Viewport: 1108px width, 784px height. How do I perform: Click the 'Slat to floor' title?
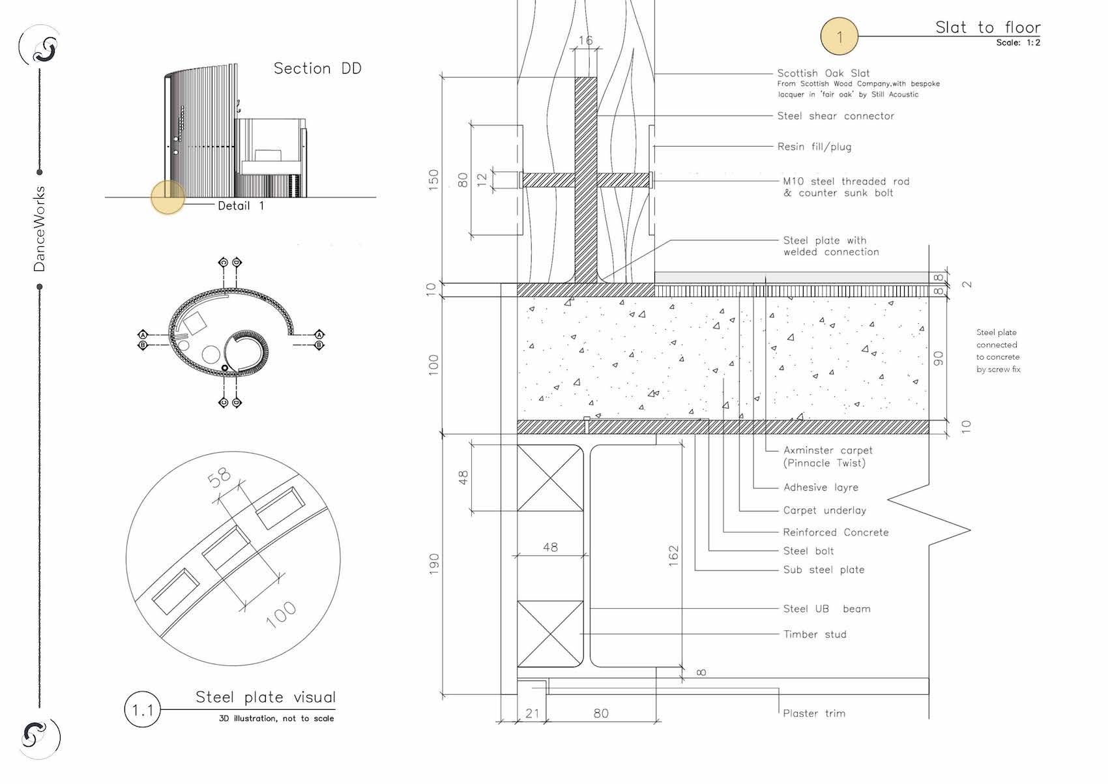[x=987, y=27]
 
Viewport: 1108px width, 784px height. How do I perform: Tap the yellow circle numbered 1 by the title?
[x=839, y=36]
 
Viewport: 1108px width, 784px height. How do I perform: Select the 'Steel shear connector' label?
[x=836, y=116]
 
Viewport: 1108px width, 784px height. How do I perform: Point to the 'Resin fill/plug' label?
[x=814, y=147]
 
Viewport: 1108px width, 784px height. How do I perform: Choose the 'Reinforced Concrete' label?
[x=836, y=532]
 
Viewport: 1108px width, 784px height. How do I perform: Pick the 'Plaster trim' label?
[x=814, y=714]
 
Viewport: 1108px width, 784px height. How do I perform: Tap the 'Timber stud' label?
[x=815, y=634]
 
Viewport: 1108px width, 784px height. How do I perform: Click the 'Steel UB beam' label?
[x=826, y=609]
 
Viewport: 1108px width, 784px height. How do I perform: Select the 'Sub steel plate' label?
[x=824, y=570]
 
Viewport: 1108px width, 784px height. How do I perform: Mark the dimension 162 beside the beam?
[x=674, y=556]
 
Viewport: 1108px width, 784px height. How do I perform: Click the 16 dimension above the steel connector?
[x=585, y=40]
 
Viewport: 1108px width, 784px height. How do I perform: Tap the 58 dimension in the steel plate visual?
[x=220, y=477]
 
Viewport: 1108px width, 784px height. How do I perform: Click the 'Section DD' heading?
[x=317, y=68]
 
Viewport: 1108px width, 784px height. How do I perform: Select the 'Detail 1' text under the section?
[x=241, y=206]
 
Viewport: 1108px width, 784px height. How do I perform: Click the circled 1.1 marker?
[x=142, y=709]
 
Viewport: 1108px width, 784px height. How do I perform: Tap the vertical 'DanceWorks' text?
[x=39, y=229]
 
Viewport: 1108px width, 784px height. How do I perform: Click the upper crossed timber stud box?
[x=550, y=478]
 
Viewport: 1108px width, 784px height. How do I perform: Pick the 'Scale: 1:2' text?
[x=1018, y=43]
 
